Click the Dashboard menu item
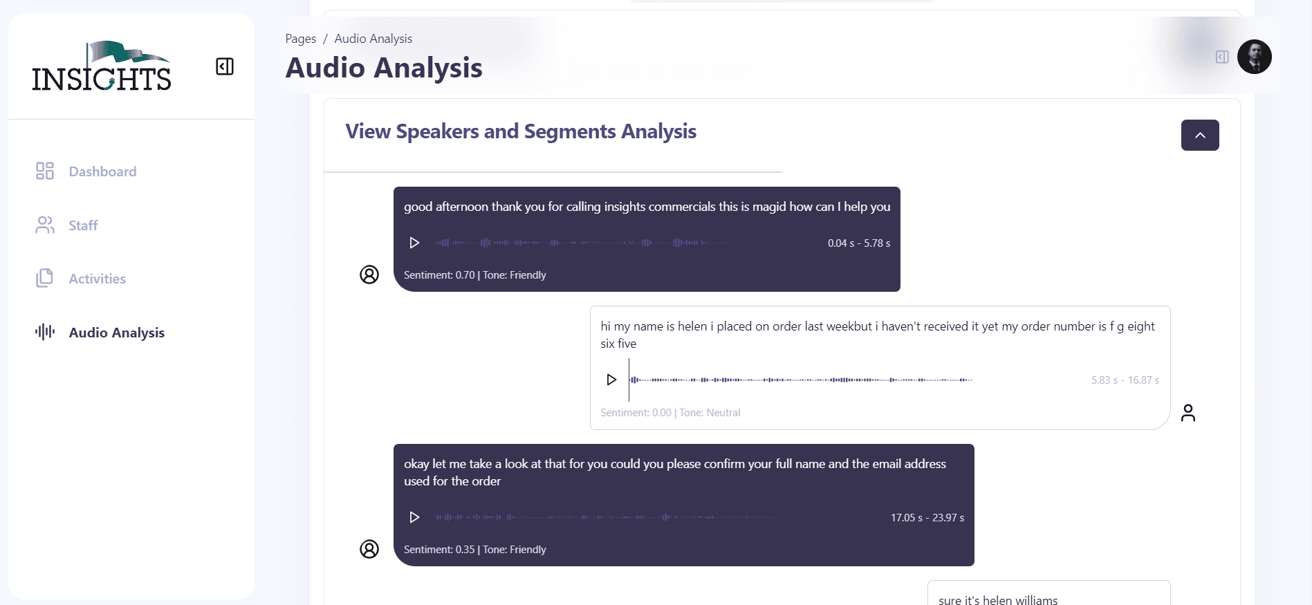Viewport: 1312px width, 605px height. (86, 171)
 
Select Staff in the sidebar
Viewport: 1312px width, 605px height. (66, 225)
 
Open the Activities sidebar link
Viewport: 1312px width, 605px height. (80, 279)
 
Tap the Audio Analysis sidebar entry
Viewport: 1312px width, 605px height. (100, 333)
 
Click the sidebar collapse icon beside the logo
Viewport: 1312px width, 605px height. (225, 66)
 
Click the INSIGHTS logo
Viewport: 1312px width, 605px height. (101, 66)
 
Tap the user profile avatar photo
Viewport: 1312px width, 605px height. (1254, 57)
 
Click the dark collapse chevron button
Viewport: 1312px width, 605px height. (1200, 136)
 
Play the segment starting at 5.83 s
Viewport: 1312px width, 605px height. (611, 380)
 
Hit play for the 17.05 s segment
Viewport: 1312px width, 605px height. (414, 517)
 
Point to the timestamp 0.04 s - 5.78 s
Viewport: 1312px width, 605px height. (859, 243)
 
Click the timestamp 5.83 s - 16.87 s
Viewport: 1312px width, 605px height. (1125, 380)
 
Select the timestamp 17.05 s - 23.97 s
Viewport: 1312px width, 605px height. (927, 518)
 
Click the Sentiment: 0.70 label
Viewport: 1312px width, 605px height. (439, 275)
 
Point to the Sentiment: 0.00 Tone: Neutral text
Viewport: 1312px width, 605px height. (670, 413)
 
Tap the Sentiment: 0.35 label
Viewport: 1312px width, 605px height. (439, 550)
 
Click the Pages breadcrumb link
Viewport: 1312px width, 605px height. (301, 39)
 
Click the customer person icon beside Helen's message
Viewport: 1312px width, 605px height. (1188, 413)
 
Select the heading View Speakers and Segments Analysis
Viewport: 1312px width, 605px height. (521, 131)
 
